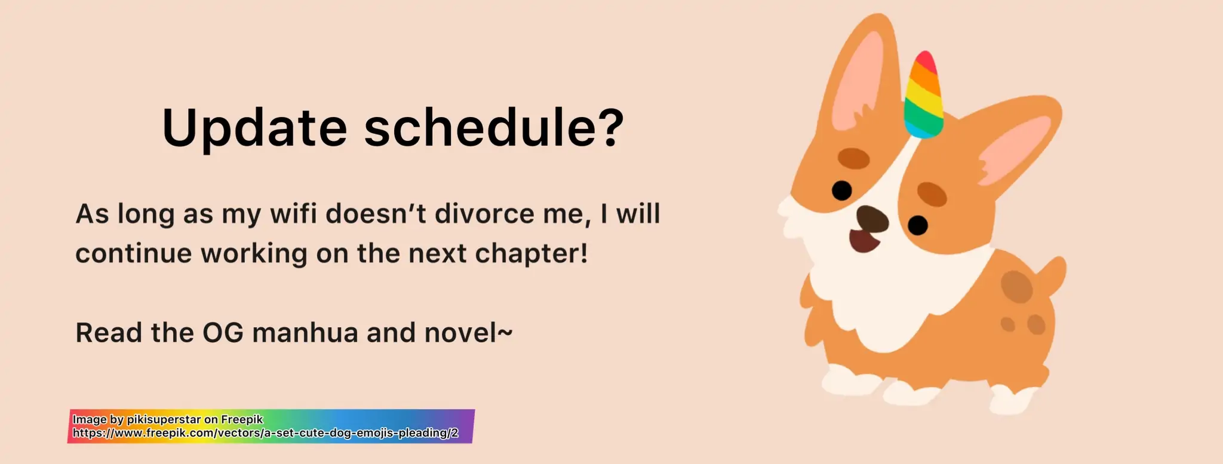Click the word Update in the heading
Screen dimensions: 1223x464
(x=254, y=127)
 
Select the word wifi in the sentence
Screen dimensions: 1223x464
(x=293, y=213)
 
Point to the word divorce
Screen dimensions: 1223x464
(x=484, y=213)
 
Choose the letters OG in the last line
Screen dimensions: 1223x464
(x=223, y=333)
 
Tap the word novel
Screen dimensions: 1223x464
(x=460, y=333)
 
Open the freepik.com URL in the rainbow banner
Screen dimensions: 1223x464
(x=266, y=433)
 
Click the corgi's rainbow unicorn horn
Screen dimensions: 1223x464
(x=923, y=94)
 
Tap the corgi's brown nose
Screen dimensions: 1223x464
(x=872, y=219)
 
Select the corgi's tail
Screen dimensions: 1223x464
(x=1052, y=276)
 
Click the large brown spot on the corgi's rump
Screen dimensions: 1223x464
(x=1016, y=287)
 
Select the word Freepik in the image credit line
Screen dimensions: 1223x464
(x=242, y=419)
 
